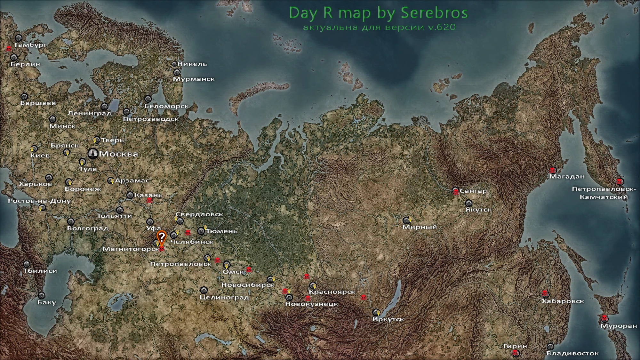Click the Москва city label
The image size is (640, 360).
coord(118,154)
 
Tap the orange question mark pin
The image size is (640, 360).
coord(162,237)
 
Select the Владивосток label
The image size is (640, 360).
coord(572,353)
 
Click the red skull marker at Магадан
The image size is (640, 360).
coord(552,170)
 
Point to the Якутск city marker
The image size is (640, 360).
coord(468,203)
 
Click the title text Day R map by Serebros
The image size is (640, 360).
coord(378,13)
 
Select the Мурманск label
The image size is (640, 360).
coord(194,79)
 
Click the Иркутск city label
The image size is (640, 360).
coord(388,319)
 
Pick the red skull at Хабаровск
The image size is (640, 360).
coord(545,293)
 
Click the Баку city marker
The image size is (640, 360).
coord(42,295)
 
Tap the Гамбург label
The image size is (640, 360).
coord(30,45)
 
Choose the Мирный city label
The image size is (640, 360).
coord(419,227)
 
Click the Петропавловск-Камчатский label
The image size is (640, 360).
coord(604,193)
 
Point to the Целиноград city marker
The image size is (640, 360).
coord(204,290)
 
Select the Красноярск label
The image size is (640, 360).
coord(332,292)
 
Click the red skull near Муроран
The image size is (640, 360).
coord(604,318)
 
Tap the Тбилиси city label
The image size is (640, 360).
coord(40,271)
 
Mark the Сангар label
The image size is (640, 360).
coord(473,191)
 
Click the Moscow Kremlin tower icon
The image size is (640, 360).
coord(93,154)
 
